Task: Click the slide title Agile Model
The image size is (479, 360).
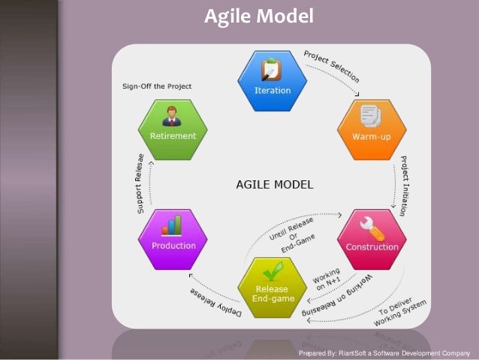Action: click(x=258, y=16)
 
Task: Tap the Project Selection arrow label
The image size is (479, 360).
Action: click(x=331, y=65)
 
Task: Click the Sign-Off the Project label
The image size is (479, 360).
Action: click(x=157, y=86)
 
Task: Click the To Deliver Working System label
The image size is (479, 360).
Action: click(x=402, y=307)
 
